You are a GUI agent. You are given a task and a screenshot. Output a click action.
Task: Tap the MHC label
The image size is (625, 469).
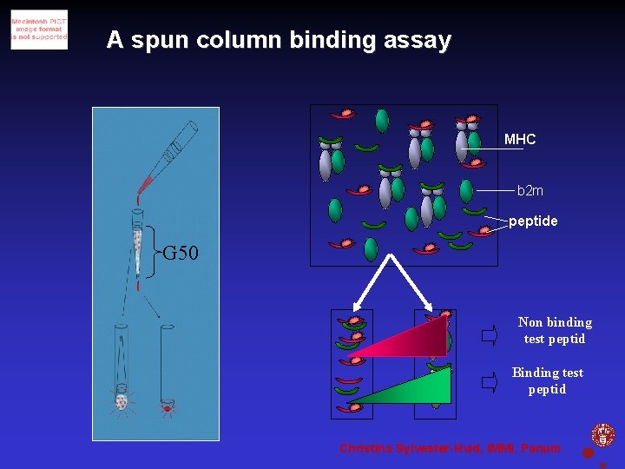click(520, 139)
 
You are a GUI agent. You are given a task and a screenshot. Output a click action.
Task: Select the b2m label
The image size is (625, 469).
click(530, 190)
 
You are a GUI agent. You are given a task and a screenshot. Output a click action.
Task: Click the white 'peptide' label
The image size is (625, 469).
click(533, 221)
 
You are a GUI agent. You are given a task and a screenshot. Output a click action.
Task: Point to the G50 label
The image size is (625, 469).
click(181, 253)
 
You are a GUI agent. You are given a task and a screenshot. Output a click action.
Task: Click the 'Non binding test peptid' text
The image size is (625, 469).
click(555, 331)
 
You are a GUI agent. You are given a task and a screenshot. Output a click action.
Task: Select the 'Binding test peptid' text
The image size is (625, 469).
click(548, 381)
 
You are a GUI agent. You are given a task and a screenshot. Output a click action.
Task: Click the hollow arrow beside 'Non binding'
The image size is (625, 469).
click(490, 333)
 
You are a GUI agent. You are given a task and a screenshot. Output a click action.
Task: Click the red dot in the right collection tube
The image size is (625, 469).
click(167, 407)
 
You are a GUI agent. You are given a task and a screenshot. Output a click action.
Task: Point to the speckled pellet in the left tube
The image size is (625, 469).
click(122, 401)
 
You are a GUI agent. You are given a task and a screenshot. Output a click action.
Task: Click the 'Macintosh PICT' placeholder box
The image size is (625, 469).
click(39, 30)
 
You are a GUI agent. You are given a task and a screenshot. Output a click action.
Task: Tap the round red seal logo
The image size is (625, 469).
click(602, 434)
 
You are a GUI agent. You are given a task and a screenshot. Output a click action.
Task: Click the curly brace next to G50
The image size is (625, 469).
click(155, 253)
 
